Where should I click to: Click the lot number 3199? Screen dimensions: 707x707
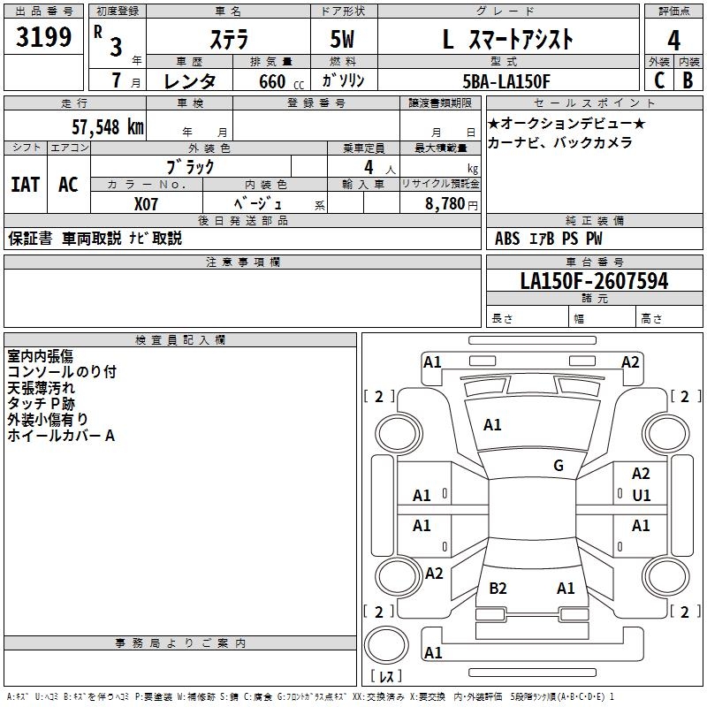44,37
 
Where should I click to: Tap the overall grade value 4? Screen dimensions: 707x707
673,40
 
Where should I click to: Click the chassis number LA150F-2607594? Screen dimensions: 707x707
594,281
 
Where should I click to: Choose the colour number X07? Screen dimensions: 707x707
147,203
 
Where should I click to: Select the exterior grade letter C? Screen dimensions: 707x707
658,80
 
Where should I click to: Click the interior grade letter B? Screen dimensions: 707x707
688,80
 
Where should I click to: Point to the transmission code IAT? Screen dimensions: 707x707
25,185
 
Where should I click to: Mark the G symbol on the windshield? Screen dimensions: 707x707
559,466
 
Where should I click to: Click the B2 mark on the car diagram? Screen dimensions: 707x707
498,588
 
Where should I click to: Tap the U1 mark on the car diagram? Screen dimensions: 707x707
641,496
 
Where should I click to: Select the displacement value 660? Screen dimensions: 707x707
272,81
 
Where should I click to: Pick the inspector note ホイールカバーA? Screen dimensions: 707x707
61,436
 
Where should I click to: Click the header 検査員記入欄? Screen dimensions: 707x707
180,339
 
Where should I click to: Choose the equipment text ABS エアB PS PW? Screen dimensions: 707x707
549,238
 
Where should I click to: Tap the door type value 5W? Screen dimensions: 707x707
343,40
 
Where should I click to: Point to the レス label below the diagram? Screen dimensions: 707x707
386,677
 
